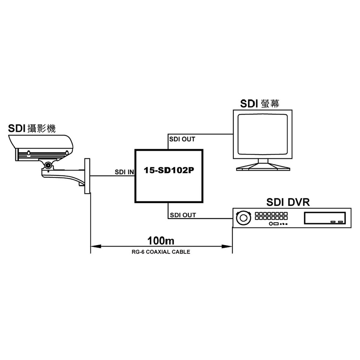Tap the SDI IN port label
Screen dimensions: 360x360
(124, 172)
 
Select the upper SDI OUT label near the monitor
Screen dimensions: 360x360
(182, 139)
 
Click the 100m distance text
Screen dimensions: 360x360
(161, 241)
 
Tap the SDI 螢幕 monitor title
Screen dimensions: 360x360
(260, 103)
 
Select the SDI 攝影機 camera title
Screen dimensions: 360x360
(32, 129)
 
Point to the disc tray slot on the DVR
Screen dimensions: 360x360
(324, 219)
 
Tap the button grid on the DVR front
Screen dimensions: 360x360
(271, 216)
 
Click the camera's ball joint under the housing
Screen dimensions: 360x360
(48, 165)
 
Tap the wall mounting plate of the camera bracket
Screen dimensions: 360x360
(87, 176)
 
